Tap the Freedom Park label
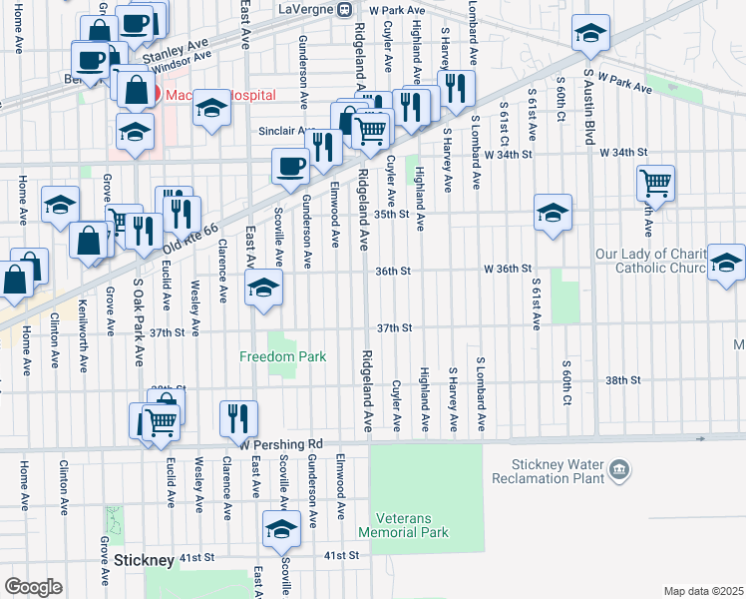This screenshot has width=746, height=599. [x=283, y=356]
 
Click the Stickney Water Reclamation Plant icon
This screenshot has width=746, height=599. [x=619, y=469]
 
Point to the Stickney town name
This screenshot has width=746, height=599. [x=146, y=560]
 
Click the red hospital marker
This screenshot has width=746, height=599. [x=143, y=94]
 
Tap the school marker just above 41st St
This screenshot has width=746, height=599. [x=281, y=528]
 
